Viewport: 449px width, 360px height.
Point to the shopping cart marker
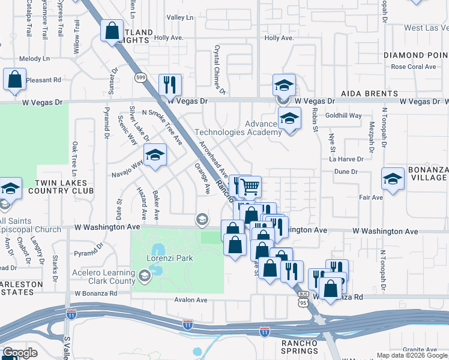tap(249, 187)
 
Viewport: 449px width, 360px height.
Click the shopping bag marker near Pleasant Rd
tap(14, 79)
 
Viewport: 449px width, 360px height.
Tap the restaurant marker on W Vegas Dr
tap(170, 84)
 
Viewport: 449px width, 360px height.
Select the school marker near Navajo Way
tap(155, 156)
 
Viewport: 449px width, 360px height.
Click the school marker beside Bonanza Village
tap(393, 178)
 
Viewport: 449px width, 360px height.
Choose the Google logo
tap(20, 353)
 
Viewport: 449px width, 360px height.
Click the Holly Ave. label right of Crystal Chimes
tap(279, 38)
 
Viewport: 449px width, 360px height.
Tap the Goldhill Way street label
tap(343, 115)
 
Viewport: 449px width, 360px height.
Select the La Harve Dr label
tap(346, 159)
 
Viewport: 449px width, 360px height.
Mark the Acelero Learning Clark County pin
tap(144, 276)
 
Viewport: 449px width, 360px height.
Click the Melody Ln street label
tap(34, 59)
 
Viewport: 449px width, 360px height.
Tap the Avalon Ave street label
tap(190, 299)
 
